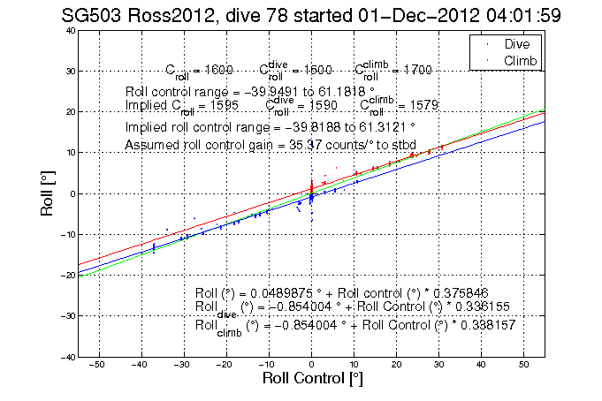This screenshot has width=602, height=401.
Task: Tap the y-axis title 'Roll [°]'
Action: tap(52, 193)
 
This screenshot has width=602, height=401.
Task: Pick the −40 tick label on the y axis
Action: tap(66, 357)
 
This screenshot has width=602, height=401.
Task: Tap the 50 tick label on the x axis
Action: tap(523, 365)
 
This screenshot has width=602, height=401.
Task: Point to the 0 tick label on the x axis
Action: tap(311, 365)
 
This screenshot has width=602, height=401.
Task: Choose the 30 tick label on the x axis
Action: tap(438, 365)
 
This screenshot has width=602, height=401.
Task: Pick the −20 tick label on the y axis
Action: tap(66, 275)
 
